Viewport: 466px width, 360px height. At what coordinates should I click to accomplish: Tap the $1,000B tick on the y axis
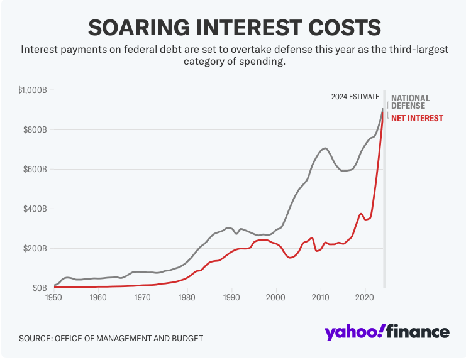tap(33, 90)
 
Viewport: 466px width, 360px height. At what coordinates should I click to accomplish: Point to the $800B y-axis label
tap(36, 130)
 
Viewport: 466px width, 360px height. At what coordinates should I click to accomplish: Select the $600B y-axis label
tap(36, 170)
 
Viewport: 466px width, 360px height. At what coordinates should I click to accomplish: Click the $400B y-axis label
tap(36, 209)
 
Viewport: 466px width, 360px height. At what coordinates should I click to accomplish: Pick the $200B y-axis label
tap(36, 249)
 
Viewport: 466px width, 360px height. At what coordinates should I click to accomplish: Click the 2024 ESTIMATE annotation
tap(355, 97)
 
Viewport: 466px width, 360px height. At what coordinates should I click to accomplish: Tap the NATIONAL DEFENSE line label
tap(410, 102)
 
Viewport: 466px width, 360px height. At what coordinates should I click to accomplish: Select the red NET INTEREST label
tap(417, 118)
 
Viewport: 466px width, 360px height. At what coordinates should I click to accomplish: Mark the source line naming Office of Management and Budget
tap(111, 339)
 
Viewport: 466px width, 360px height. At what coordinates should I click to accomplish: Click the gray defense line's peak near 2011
tap(325, 148)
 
